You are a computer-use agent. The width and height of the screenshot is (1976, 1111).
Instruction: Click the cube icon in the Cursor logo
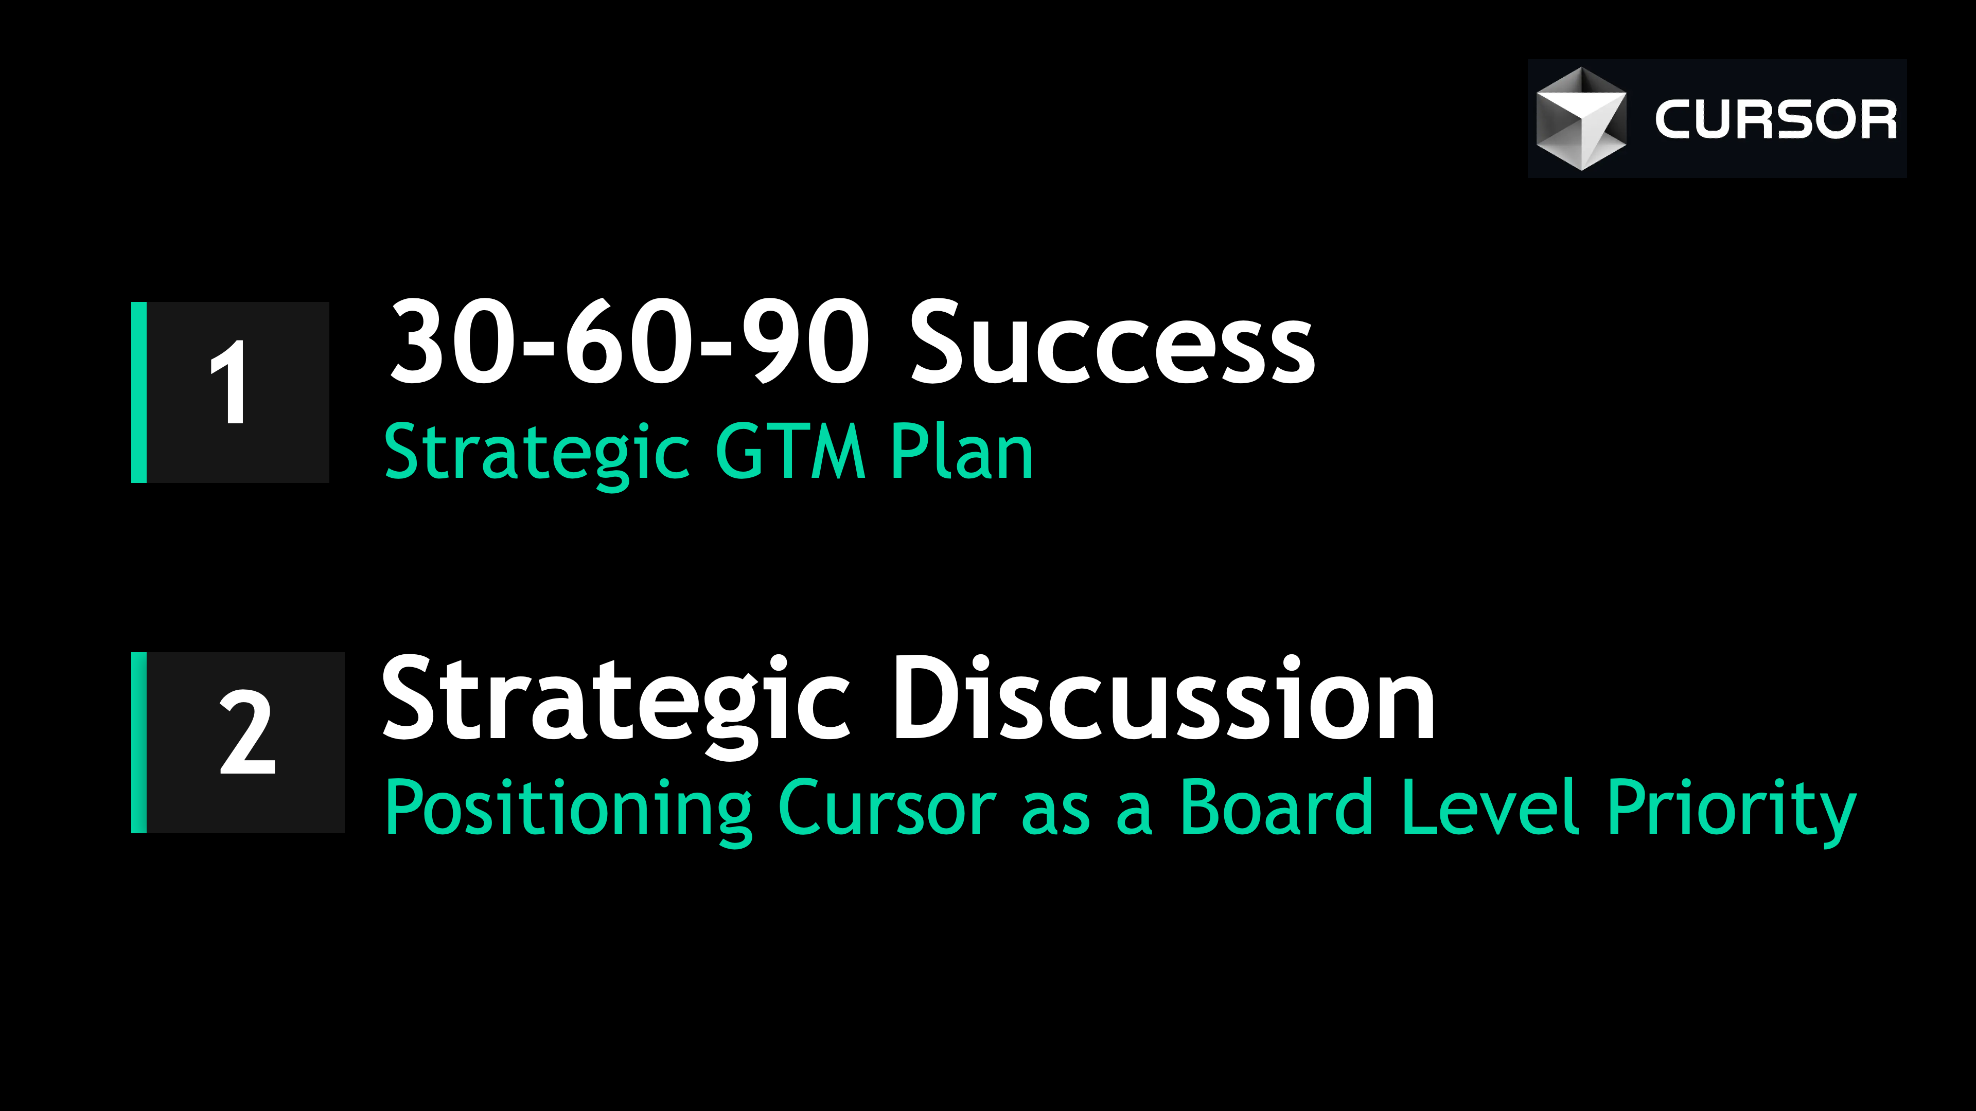1580,119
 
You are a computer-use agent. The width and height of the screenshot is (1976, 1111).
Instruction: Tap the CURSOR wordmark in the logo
1775,120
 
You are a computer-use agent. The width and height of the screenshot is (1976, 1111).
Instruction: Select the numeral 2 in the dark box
246,732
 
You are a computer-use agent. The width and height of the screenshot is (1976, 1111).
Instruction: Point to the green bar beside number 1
139,392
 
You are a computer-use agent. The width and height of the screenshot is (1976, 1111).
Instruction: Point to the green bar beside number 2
139,742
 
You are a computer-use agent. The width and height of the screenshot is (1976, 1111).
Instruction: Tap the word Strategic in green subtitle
536,454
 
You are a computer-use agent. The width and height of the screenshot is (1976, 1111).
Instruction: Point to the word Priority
1731,809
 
